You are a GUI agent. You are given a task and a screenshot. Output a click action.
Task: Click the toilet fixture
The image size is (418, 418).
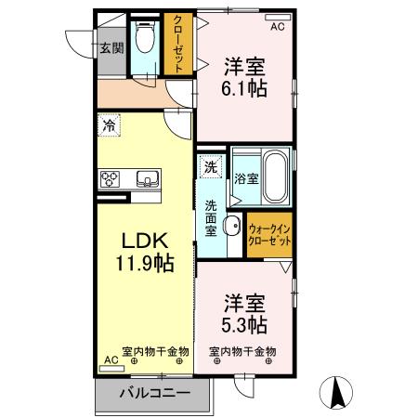(145, 36)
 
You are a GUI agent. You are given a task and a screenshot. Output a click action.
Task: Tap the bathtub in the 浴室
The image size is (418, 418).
(277, 176)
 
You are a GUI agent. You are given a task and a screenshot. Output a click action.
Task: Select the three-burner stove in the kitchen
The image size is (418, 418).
(110, 179)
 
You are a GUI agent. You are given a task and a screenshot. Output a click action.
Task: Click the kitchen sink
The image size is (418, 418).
(148, 179)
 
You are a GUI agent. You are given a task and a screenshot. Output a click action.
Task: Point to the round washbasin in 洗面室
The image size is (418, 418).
(233, 225)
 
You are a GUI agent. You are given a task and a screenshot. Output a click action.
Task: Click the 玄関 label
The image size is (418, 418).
(111, 48)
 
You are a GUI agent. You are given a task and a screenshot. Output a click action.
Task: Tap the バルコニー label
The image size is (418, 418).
(155, 394)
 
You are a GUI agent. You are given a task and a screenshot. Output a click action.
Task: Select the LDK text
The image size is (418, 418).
(145, 241)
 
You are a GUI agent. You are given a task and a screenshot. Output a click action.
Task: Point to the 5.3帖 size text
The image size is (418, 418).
(244, 324)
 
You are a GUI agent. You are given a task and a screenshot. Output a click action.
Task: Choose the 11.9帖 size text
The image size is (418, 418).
(145, 263)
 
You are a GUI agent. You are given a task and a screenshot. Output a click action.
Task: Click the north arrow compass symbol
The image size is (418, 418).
(336, 393)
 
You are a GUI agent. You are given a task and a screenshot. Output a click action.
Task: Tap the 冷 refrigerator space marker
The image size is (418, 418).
(109, 125)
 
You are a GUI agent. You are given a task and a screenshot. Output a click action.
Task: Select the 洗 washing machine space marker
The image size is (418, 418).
(211, 167)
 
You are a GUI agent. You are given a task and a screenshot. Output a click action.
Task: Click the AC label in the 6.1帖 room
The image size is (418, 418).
(278, 27)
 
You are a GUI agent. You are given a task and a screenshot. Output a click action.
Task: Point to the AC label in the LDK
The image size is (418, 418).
(111, 359)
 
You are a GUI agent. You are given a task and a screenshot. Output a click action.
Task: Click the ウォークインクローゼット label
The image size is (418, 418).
(269, 235)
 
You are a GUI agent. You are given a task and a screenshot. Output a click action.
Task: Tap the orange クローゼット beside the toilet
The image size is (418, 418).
(178, 44)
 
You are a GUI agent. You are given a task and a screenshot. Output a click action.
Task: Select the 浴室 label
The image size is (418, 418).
(246, 178)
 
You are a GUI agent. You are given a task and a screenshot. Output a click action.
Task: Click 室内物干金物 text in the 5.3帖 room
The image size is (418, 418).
(242, 351)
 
